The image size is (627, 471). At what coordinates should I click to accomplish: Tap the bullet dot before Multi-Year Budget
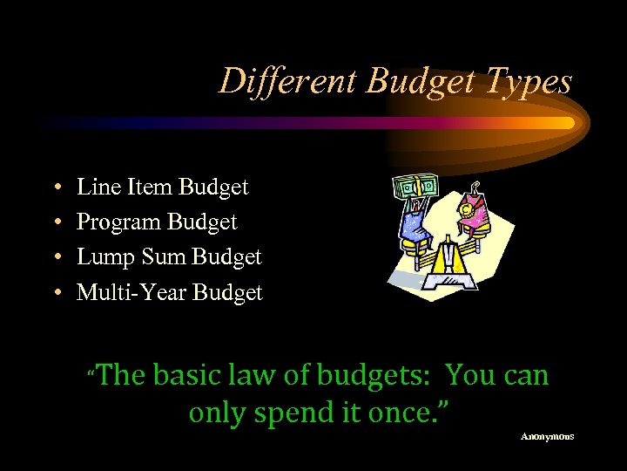pyautogui.click(x=56, y=294)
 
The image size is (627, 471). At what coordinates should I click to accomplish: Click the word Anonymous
pyautogui.click(x=547, y=436)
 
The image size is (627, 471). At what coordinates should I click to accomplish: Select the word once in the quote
pyautogui.click(x=396, y=412)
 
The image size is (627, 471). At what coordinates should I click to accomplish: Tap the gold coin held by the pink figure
pyautogui.click(x=469, y=210)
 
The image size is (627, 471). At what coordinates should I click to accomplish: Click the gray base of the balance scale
pyautogui.click(x=449, y=279)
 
